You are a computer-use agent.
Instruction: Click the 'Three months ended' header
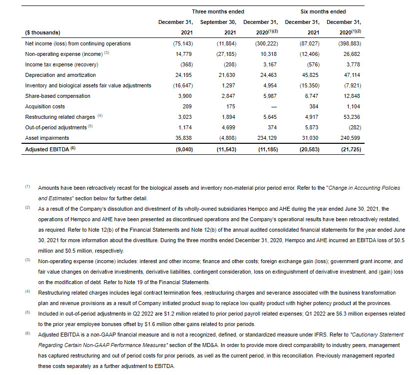click(x=218, y=11)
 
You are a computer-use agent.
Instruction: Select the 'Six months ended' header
click(x=323, y=11)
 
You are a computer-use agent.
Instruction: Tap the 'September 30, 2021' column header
click(x=218, y=27)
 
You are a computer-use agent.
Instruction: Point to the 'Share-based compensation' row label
click(x=57, y=96)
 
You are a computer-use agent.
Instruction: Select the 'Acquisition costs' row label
click(x=45, y=106)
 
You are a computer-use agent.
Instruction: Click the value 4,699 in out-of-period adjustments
click(x=229, y=127)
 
